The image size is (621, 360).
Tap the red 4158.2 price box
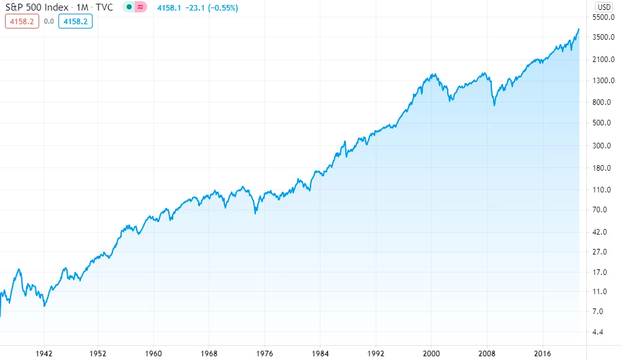[22, 21]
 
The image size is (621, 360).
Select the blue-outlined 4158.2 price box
[75, 21]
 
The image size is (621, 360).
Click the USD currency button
[604, 7]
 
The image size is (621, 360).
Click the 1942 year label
[44, 353]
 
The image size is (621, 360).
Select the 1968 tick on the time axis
[209, 353]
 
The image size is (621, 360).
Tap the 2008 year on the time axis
[487, 353]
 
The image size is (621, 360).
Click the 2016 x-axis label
[542, 353]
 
